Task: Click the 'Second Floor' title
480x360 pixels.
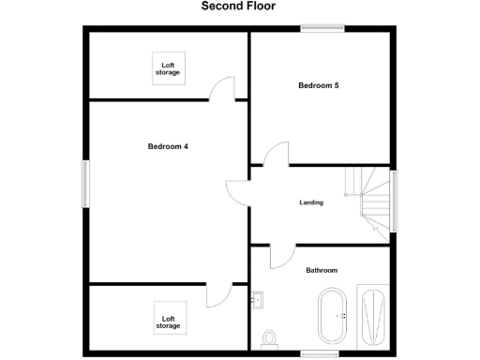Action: tap(239, 6)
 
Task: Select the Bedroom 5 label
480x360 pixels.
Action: tap(318, 85)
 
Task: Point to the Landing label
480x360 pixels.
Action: tap(311, 202)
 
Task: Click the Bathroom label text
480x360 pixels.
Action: tap(322, 270)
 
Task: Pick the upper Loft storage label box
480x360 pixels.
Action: tap(169, 68)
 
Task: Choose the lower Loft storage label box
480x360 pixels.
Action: tap(169, 322)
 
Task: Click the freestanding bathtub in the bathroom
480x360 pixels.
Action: tap(333, 317)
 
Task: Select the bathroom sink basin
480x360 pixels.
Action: tap(259, 300)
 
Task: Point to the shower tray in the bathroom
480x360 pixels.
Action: tap(373, 317)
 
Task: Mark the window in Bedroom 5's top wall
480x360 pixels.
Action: tap(322, 28)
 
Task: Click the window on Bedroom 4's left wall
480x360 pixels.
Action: tap(84, 183)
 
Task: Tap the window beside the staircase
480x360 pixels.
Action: tap(395, 200)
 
